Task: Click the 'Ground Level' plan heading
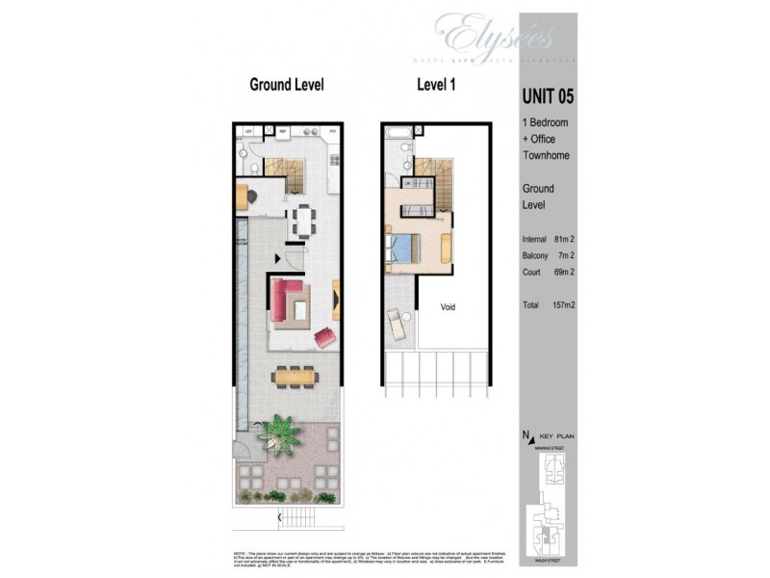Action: click(x=287, y=85)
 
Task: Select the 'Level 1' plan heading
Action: click(x=435, y=85)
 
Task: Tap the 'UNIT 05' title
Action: click(x=551, y=95)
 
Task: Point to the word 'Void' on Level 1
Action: click(x=448, y=307)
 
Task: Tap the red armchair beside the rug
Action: click(x=324, y=337)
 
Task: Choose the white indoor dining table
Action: click(x=302, y=222)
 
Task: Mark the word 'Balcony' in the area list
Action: click(x=535, y=255)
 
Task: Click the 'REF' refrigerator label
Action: click(x=283, y=130)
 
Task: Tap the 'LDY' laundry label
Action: click(x=248, y=130)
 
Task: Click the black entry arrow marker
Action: click(x=278, y=258)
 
